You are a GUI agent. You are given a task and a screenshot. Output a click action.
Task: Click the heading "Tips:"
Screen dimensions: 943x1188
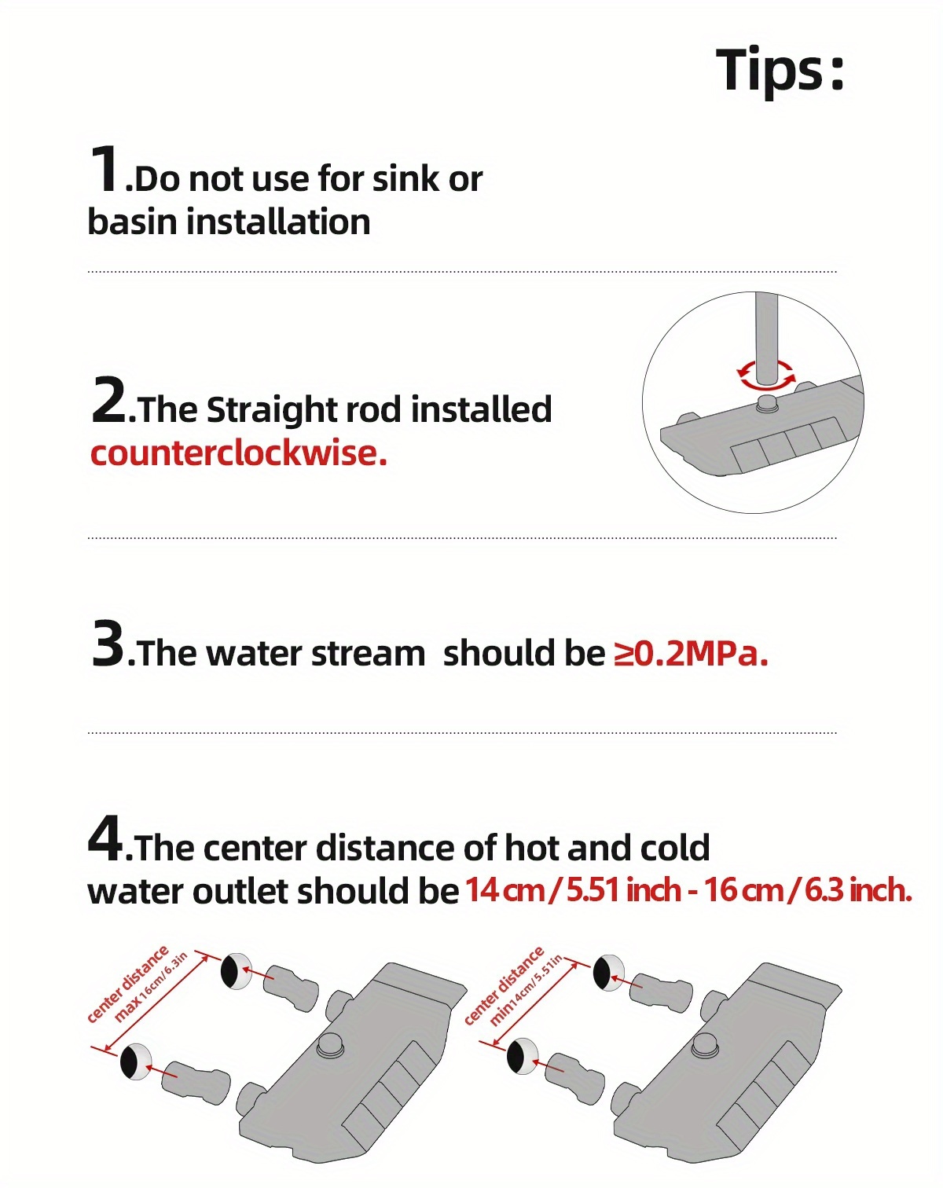tap(780, 69)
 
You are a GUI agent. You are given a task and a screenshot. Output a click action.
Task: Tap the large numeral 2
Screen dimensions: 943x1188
tap(108, 399)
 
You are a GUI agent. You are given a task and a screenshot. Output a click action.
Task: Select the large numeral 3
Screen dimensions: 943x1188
tap(108, 643)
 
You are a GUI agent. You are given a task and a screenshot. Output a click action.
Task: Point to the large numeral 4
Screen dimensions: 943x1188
tap(105, 838)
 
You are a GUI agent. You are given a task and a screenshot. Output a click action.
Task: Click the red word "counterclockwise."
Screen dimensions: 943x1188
tap(239, 454)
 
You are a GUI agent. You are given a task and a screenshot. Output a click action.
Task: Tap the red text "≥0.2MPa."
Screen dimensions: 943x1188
tap(691, 654)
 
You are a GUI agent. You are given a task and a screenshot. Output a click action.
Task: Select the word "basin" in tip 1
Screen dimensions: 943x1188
tap(132, 222)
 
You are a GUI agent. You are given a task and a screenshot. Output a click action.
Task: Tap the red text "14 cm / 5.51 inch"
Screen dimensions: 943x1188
tap(573, 890)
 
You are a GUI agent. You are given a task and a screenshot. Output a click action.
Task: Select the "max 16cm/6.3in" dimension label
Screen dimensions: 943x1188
tap(151, 986)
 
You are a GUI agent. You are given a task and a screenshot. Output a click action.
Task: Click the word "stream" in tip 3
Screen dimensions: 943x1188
tap(369, 654)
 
